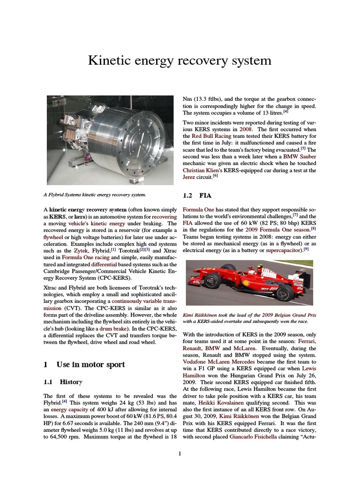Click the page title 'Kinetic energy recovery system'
[x=180, y=60]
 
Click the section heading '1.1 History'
[x=62, y=382]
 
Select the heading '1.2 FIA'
[x=197, y=194]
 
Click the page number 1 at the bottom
[x=180, y=453]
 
